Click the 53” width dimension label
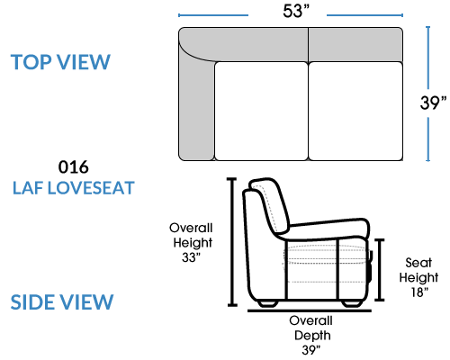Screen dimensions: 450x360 pos(296,11)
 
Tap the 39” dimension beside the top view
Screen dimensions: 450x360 pos(433,103)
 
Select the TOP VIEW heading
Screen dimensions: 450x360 pos(60,62)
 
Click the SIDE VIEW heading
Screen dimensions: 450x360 pos(62,301)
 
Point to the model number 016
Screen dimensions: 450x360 pos(74,166)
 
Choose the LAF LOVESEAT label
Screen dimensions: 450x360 pos(74,188)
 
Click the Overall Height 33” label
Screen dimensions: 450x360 pos(191,242)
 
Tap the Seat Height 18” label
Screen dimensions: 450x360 pos(418,277)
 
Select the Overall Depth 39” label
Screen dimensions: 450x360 pos(311,335)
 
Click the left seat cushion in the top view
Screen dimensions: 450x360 pos(261,111)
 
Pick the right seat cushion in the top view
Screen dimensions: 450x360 pos(355,111)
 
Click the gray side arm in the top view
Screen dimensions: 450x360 pos(196,108)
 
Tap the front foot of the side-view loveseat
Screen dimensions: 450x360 pos(352,303)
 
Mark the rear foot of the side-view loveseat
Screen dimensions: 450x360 pos(268,303)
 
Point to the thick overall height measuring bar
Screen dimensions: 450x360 pos(232,242)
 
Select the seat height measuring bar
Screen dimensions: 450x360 pos(380,270)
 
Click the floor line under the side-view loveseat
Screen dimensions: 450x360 pos(310,310)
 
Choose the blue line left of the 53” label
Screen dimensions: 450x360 pos(213,15)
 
